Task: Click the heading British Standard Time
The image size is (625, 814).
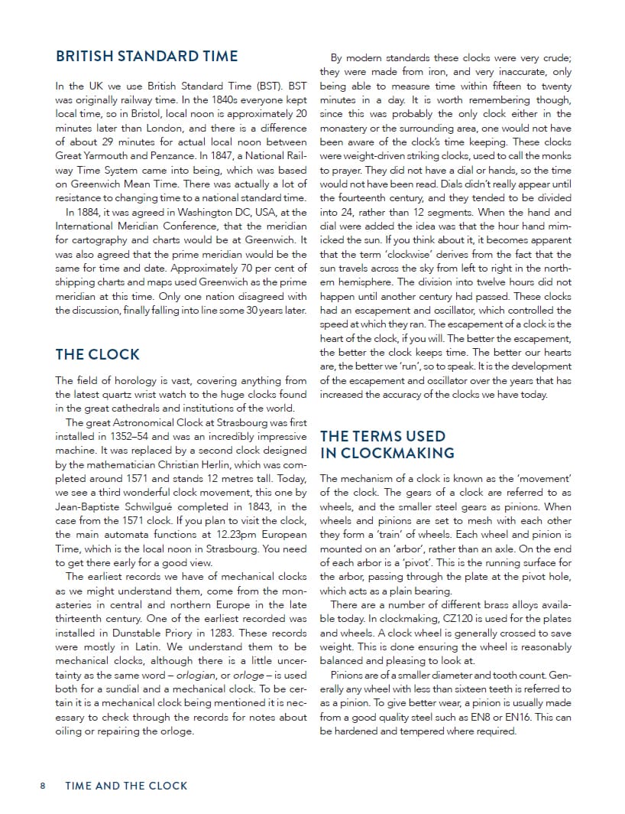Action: [147, 56]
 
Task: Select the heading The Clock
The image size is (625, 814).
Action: [97, 354]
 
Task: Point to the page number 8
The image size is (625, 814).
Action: [44, 786]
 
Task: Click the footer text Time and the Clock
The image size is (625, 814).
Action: [126, 786]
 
